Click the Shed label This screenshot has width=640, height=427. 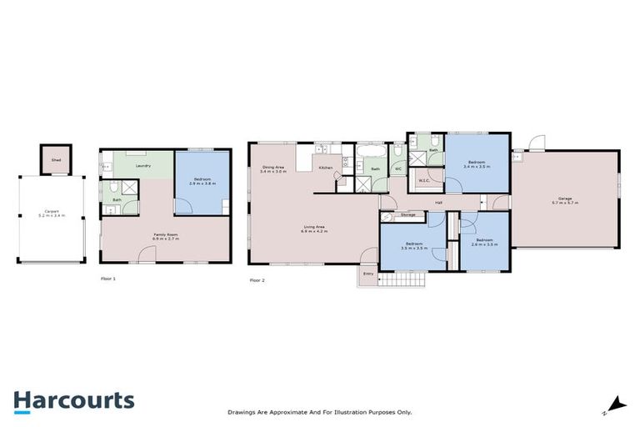pyautogui.click(x=55, y=160)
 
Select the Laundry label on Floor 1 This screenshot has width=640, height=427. pyautogui.click(x=143, y=166)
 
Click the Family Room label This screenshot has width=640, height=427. pyautogui.click(x=166, y=234)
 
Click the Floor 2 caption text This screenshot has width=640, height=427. pyautogui.click(x=257, y=280)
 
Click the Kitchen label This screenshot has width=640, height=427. pyautogui.click(x=326, y=168)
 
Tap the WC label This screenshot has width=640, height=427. pyautogui.click(x=398, y=169)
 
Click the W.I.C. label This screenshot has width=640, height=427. pyautogui.click(x=422, y=178)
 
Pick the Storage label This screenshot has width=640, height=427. pyautogui.click(x=407, y=214)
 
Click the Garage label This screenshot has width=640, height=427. pyautogui.click(x=564, y=198)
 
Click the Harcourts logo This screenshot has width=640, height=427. pyautogui.click(x=73, y=400)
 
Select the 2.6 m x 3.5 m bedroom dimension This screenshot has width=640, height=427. pyautogui.click(x=483, y=245)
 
